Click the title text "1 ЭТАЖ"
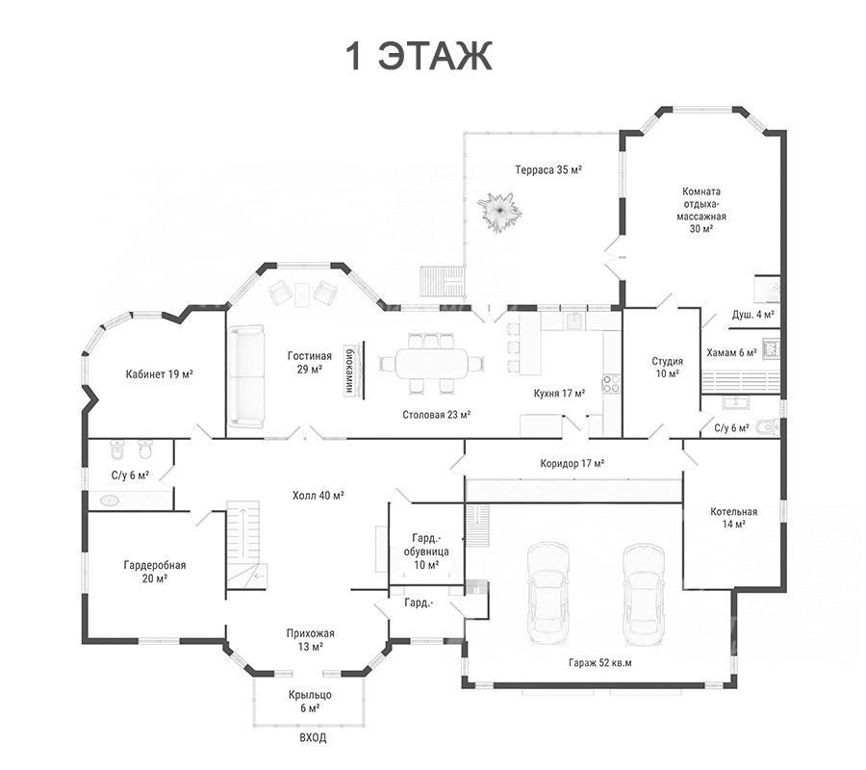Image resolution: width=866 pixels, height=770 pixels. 419,55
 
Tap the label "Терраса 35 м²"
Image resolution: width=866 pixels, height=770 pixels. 548,169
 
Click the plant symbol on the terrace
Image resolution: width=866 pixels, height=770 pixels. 499,212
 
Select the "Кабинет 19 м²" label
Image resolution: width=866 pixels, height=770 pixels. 159,374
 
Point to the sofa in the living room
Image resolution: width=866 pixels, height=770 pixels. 246,376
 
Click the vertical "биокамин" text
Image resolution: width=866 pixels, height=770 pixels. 349,371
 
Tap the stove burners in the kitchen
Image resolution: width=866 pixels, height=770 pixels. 611,383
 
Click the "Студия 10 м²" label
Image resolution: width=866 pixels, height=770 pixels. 667,368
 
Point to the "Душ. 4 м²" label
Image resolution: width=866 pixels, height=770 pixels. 752,315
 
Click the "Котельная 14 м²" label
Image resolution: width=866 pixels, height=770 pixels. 733,518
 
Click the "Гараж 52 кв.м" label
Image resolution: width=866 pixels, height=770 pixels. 599,662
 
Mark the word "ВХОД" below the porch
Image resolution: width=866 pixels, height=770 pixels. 313,737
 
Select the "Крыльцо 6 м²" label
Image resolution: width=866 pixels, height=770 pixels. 310,702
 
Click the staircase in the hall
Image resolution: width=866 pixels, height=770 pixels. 243,545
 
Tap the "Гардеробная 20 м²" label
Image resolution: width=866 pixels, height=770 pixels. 155,572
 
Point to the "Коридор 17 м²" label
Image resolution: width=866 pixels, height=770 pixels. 573,463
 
